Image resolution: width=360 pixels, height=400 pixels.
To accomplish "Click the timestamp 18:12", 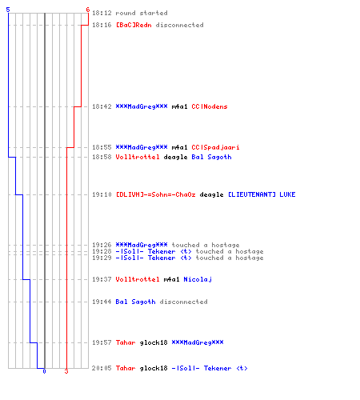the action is point(102,13).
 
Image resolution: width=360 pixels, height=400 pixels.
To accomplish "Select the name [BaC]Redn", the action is point(134,25).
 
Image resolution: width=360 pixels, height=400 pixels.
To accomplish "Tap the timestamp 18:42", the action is point(102,106).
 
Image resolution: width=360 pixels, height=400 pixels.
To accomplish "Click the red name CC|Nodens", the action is point(210,106).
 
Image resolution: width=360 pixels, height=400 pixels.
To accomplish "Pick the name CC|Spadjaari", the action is point(215,147).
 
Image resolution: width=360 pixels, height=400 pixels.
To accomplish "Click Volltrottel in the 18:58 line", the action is point(138,157).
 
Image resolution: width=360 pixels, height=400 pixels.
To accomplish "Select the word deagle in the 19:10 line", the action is point(211,195).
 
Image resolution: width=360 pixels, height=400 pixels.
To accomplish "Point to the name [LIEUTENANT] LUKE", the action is point(262,194).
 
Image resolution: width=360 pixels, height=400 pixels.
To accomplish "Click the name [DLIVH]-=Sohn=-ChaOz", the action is point(156,194).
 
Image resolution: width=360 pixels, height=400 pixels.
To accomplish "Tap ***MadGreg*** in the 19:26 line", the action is point(142,245).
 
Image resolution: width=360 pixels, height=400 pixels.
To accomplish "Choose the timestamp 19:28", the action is point(102,251).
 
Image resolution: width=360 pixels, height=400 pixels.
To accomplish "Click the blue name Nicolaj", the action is point(198,279).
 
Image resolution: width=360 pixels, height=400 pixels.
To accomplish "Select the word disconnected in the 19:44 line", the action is point(183,302).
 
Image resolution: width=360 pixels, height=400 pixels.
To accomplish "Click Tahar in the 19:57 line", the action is point(126,342).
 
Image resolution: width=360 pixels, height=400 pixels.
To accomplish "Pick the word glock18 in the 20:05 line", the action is point(154,369).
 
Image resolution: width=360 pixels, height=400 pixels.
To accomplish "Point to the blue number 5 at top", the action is point(8,10).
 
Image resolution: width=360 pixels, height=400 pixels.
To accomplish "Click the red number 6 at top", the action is point(88,10).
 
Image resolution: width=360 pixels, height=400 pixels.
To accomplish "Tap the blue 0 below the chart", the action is point(44,371).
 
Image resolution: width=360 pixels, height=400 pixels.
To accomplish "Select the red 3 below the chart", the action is point(66,371).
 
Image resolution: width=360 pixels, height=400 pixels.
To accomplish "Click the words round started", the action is point(142,13).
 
